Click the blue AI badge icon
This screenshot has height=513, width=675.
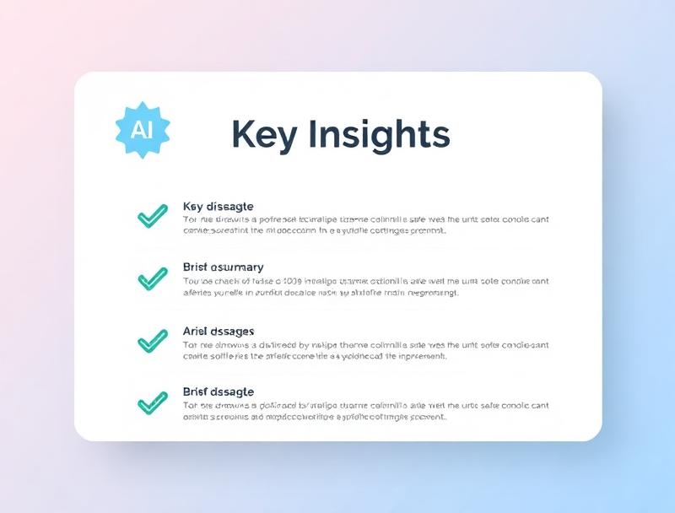(x=142, y=129)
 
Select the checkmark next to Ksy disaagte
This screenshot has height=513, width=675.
(x=152, y=217)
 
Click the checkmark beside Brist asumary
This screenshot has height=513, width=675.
(x=152, y=278)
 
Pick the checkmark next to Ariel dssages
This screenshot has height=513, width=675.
(x=152, y=341)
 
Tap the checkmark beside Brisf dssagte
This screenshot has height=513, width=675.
(x=152, y=402)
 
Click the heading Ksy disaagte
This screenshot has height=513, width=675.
(x=218, y=207)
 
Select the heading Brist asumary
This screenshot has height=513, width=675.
(x=223, y=267)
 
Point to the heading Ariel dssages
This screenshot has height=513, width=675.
(x=219, y=331)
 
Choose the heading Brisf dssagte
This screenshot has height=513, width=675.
(x=218, y=392)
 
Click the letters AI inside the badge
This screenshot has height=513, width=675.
(x=141, y=129)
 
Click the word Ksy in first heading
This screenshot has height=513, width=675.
(x=193, y=207)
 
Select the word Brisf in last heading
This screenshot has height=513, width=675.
(x=195, y=392)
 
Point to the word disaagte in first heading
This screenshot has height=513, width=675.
(x=230, y=207)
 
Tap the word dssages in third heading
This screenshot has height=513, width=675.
(x=233, y=331)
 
